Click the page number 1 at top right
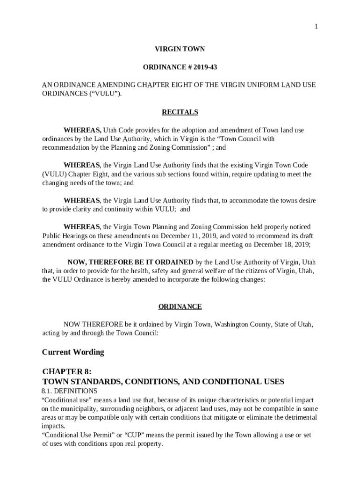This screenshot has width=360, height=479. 316,27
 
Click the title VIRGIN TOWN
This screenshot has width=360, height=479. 180,49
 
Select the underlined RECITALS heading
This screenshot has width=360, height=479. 180,112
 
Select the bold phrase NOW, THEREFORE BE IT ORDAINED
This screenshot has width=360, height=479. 130,262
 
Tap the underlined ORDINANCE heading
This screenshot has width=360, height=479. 180,307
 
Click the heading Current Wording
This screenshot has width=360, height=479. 73,352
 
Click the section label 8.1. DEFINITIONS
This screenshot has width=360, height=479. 70,391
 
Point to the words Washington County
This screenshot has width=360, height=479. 244,324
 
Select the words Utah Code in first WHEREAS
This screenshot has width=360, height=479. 117,130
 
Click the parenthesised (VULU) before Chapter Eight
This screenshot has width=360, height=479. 52,174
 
